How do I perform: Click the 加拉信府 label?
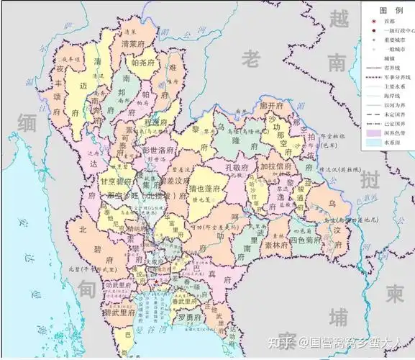click(278, 166)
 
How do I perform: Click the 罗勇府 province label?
click(189, 318)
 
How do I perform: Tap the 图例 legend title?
click(389, 10)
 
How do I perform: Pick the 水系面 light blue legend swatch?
click(373, 143)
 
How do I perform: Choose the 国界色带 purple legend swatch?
click(373, 133)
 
